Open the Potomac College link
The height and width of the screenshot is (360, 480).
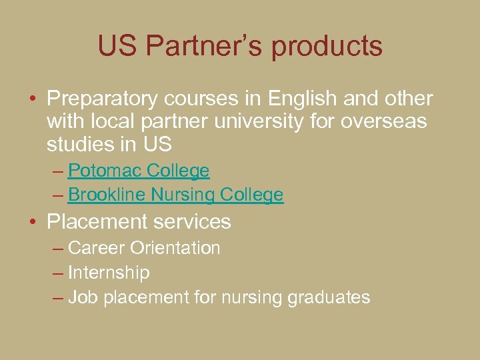tap(139, 171)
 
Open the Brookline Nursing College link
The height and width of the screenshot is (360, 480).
tap(175, 195)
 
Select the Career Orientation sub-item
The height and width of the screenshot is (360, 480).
tap(144, 248)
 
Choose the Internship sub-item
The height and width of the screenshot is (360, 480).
tap(109, 273)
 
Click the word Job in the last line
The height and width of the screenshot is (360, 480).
tap(83, 297)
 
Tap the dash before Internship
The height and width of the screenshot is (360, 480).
tap(58, 273)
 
